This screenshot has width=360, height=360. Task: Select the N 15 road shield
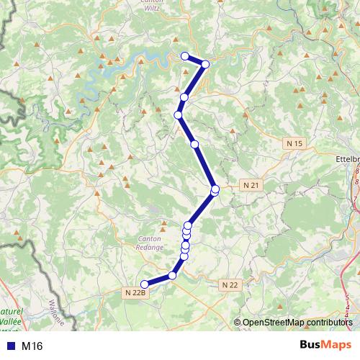294,144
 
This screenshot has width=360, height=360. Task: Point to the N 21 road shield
251,185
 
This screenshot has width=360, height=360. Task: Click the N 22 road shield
230,285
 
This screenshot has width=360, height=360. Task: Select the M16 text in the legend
32,346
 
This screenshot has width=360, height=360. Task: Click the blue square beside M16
9,346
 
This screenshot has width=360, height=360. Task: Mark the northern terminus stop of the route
184,56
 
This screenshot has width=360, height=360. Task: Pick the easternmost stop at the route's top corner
205,64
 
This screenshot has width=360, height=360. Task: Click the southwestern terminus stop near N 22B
145,284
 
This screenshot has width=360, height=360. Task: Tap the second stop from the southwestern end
173,275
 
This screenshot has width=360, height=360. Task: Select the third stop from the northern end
184,97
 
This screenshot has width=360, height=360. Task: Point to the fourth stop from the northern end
178,114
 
